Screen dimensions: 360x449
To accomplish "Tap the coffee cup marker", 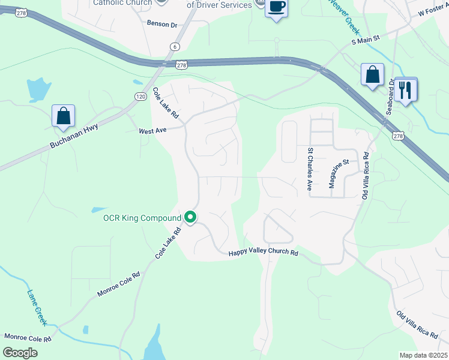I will point(276,8).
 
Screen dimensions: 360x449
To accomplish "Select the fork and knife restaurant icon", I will point(406,91).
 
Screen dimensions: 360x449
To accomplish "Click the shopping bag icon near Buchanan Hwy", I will point(63,116).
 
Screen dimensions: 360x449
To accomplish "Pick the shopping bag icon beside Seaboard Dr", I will point(373,75).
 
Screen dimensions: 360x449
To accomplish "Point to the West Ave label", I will point(152,130).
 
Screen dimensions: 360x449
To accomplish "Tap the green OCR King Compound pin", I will point(191,217).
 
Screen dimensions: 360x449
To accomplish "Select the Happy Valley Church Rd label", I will point(263,253).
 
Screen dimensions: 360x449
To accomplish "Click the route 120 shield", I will point(140,97).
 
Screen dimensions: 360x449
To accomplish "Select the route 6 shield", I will point(174,46).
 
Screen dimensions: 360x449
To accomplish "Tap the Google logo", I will point(20,352).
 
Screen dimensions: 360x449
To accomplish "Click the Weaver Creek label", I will point(345,15).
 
